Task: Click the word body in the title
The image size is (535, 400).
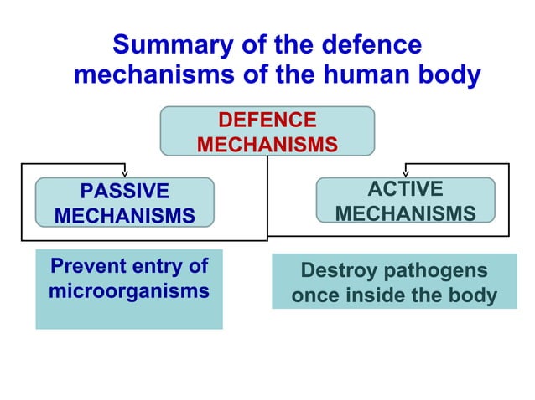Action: pyautogui.click(x=449, y=75)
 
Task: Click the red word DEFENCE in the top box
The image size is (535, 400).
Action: pyautogui.click(x=267, y=121)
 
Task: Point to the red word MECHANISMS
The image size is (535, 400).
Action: pyautogui.click(x=267, y=146)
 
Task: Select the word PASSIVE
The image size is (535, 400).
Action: pyautogui.click(x=124, y=191)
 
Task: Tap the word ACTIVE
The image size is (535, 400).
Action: pyautogui.click(x=406, y=189)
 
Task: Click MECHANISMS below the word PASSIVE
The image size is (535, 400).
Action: pyautogui.click(x=124, y=216)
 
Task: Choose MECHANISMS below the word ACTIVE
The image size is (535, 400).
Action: pyautogui.click(x=406, y=214)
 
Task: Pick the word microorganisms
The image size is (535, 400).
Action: pyautogui.click(x=128, y=292)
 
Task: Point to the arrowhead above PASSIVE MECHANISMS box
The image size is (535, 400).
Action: pyautogui.click(x=124, y=173)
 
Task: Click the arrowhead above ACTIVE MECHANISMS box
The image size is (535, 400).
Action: pyautogui.click(x=406, y=173)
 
